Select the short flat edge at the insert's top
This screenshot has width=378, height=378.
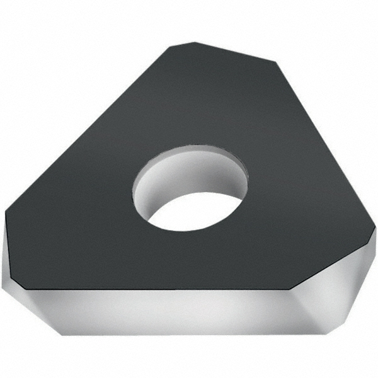[233, 52]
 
